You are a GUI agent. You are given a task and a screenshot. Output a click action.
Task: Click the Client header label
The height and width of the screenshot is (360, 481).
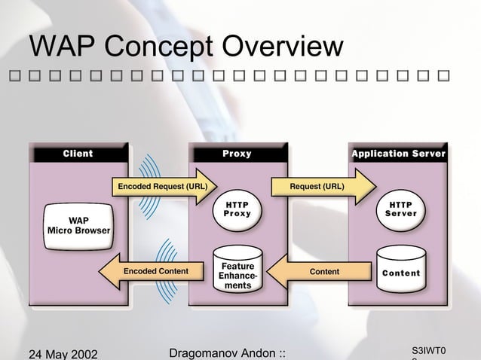point(78,154)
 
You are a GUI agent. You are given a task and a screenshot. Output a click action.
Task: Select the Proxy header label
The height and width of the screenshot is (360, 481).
point(237,154)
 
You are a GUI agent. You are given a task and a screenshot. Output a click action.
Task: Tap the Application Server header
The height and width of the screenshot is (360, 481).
point(398,154)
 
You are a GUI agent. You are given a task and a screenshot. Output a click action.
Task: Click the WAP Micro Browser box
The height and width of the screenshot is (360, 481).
point(78,224)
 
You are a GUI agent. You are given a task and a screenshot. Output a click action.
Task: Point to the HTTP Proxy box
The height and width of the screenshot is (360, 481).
point(237,209)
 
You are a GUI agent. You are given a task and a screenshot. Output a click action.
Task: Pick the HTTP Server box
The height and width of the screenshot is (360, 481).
point(400,209)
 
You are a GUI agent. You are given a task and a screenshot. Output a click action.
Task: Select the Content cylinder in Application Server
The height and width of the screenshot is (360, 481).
point(400,272)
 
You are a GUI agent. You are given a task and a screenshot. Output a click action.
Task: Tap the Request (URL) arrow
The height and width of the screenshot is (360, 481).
point(324,186)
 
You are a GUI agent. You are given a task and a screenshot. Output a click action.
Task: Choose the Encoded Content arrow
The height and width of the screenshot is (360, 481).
point(151,271)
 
